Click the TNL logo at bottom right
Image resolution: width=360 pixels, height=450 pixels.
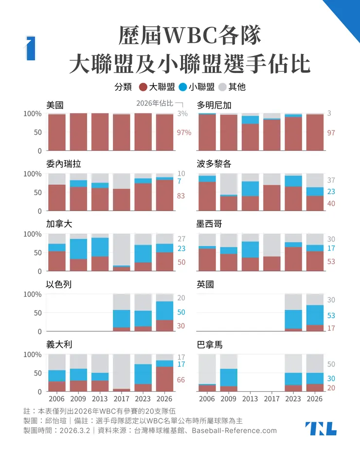(x=321, y=428)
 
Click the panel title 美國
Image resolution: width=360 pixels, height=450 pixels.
(x=55, y=104)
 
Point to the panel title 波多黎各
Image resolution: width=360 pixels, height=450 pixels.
(x=214, y=164)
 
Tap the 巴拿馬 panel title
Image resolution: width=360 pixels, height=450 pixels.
(x=209, y=344)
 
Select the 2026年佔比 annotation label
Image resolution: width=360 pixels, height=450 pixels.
(x=154, y=103)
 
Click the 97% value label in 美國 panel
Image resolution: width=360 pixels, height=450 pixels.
(x=183, y=132)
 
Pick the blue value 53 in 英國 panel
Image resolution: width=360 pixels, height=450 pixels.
(x=331, y=316)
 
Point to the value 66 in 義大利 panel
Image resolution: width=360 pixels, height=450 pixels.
(x=180, y=379)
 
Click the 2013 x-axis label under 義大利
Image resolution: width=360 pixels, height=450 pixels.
(x=100, y=398)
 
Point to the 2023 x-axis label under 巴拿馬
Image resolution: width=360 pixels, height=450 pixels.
(x=293, y=398)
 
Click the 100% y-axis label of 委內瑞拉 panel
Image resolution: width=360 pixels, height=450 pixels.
(x=33, y=174)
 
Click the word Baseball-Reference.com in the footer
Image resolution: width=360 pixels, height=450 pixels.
(x=234, y=431)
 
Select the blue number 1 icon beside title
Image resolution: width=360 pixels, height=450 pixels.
(x=31, y=48)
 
